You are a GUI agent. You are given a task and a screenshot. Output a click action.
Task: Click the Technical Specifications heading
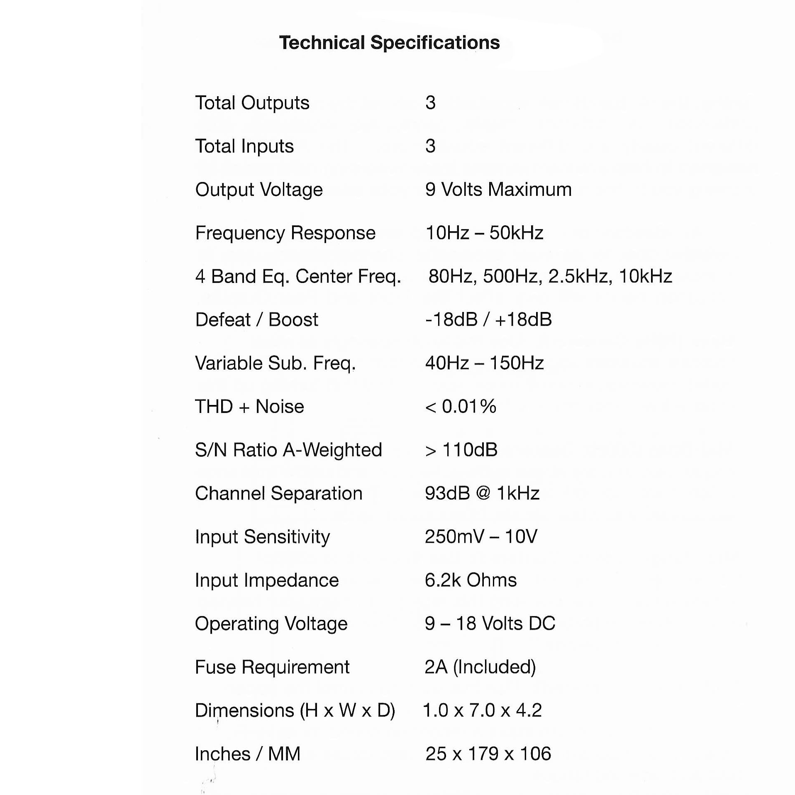[x=389, y=43]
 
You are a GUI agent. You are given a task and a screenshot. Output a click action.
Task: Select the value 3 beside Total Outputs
[x=430, y=102]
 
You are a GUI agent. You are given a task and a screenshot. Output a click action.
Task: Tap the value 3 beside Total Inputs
[x=430, y=146]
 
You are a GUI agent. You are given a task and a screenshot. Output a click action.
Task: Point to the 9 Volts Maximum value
[x=498, y=190]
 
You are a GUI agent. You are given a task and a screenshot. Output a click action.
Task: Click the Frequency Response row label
[x=285, y=233]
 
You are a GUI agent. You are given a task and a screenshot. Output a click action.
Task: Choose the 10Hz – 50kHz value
[x=484, y=233]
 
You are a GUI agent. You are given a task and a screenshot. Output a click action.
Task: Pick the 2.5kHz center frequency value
[x=580, y=276]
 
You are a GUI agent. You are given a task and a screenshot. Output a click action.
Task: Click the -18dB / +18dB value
[x=488, y=320]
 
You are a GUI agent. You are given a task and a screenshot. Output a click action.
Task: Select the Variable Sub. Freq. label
[x=275, y=363]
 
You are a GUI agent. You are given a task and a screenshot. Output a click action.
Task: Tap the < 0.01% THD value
[x=461, y=407]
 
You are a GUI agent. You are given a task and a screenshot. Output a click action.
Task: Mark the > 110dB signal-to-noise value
[x=461, y=450]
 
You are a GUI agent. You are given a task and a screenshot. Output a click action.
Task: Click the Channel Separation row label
[x=278, y=494]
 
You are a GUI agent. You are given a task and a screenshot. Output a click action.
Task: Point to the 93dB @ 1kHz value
[x=482, y=493]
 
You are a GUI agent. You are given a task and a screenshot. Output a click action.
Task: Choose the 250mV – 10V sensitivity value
[x=481, y=537]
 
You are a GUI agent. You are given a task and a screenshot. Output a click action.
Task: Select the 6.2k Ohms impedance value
[x=471, y=580]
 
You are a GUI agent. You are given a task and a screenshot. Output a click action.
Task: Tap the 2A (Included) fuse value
[x=480, y=667]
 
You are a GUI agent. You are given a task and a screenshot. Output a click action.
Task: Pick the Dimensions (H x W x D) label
[x=295, y=711]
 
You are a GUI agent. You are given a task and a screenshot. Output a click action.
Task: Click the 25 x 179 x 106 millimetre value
[x=488, y=754]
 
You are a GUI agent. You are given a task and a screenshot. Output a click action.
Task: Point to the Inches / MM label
[x=247, y=754]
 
